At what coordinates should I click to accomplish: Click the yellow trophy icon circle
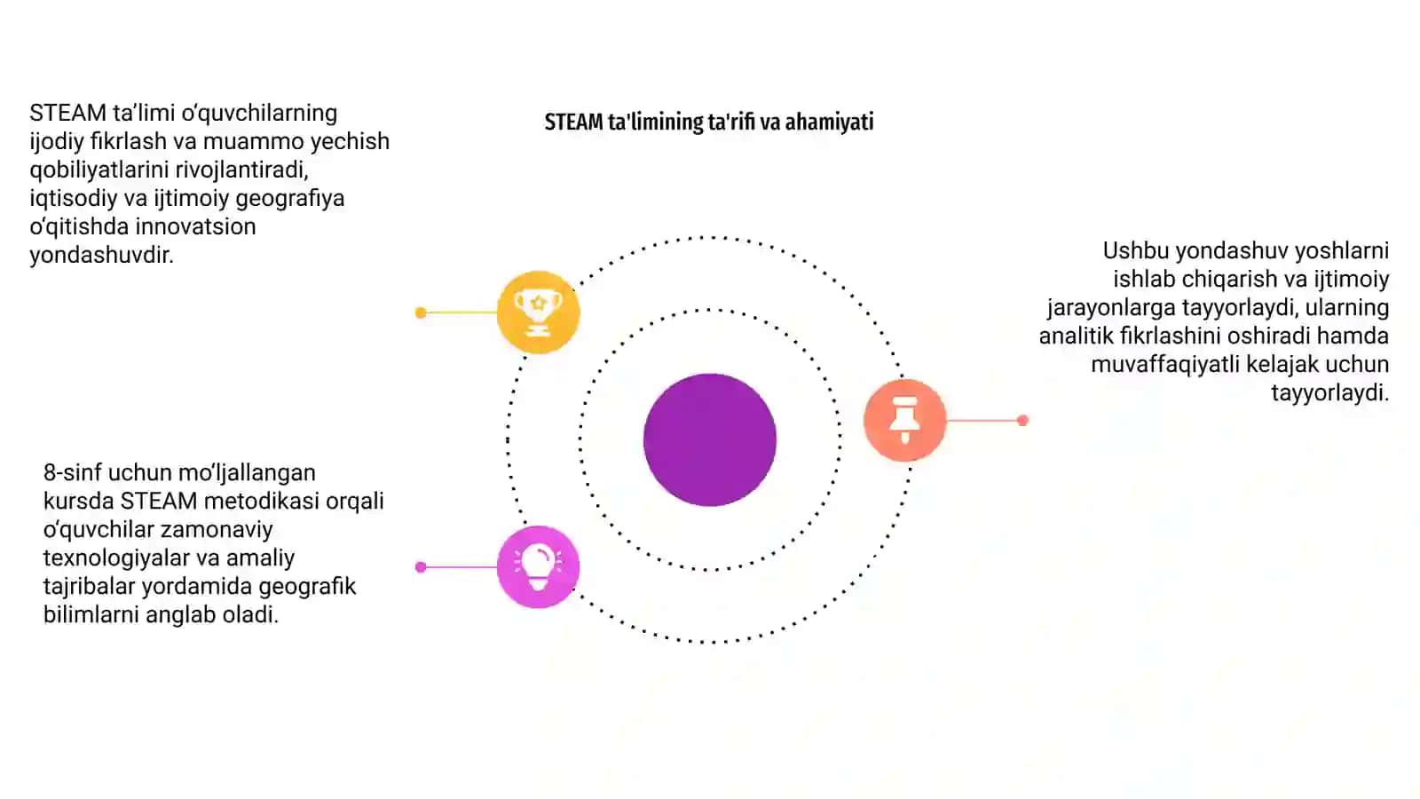pos(538,312)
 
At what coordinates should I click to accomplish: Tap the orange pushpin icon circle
pos(904,420)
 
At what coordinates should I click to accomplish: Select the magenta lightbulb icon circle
pos(538,567)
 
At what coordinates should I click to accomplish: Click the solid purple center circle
pos(710,439)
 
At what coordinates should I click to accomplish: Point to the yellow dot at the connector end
pos(421,312)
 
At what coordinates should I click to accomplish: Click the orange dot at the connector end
pos(1022,421)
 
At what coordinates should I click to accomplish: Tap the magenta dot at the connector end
pos(421,567)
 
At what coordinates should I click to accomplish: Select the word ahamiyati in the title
pos(829,122)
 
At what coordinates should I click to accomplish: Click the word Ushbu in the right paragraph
pos(1135,250)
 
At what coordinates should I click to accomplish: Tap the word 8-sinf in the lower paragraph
pos(72,472)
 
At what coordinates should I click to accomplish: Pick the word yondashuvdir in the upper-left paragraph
pos(101,255)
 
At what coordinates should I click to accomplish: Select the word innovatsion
pos(195,226)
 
